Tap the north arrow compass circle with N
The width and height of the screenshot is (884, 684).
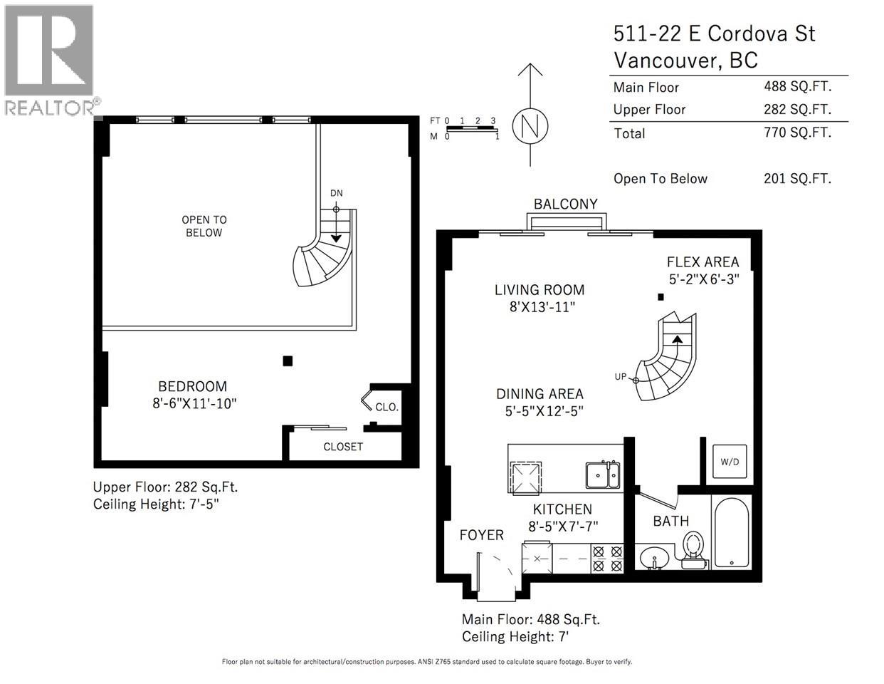coord(530,126)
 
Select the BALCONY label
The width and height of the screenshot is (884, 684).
coord(566,204)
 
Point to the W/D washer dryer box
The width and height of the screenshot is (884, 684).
coord(730,462)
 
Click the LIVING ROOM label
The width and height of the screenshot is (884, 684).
coord(540,290)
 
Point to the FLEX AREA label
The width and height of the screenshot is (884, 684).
coord(703,262)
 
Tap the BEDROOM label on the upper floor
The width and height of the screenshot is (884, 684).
coord(192,386)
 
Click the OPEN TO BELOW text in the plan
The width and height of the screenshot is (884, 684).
coord(204,226)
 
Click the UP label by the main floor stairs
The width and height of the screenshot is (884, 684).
coord(621,376)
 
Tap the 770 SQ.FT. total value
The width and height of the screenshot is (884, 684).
coord(797,132)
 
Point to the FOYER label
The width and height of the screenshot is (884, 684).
coord(481,534)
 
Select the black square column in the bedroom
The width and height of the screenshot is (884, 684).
coord(288,361)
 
